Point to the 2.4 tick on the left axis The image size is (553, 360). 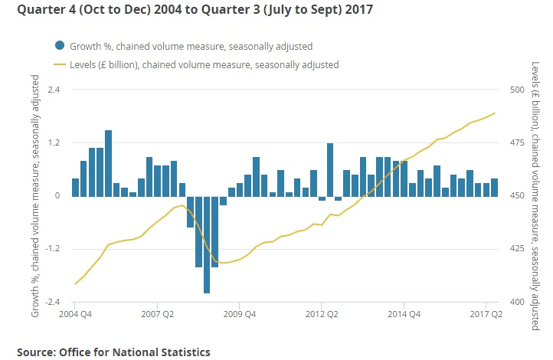pyautogui.click(x=55, y=90)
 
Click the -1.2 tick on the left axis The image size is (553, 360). pyautogui.click(x=54, y=249)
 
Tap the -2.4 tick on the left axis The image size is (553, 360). pyautogui.click(x=54, y=302)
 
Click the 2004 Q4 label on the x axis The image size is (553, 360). pyautogui.click(x=76, y=313)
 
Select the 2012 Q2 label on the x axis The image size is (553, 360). pyautogui.click(x=322, y=313)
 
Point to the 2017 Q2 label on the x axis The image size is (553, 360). pyautogui.click(x=486, y=313)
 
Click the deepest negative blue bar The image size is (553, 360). pyautogui.click(x=207, y=244)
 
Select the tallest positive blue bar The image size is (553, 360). pyautogui.click(x=108, y=162)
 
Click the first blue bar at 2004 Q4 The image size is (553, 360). pyautogui.click(x=75, y=187)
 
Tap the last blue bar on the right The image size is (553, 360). pyautogui.click(x=494, y=187)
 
